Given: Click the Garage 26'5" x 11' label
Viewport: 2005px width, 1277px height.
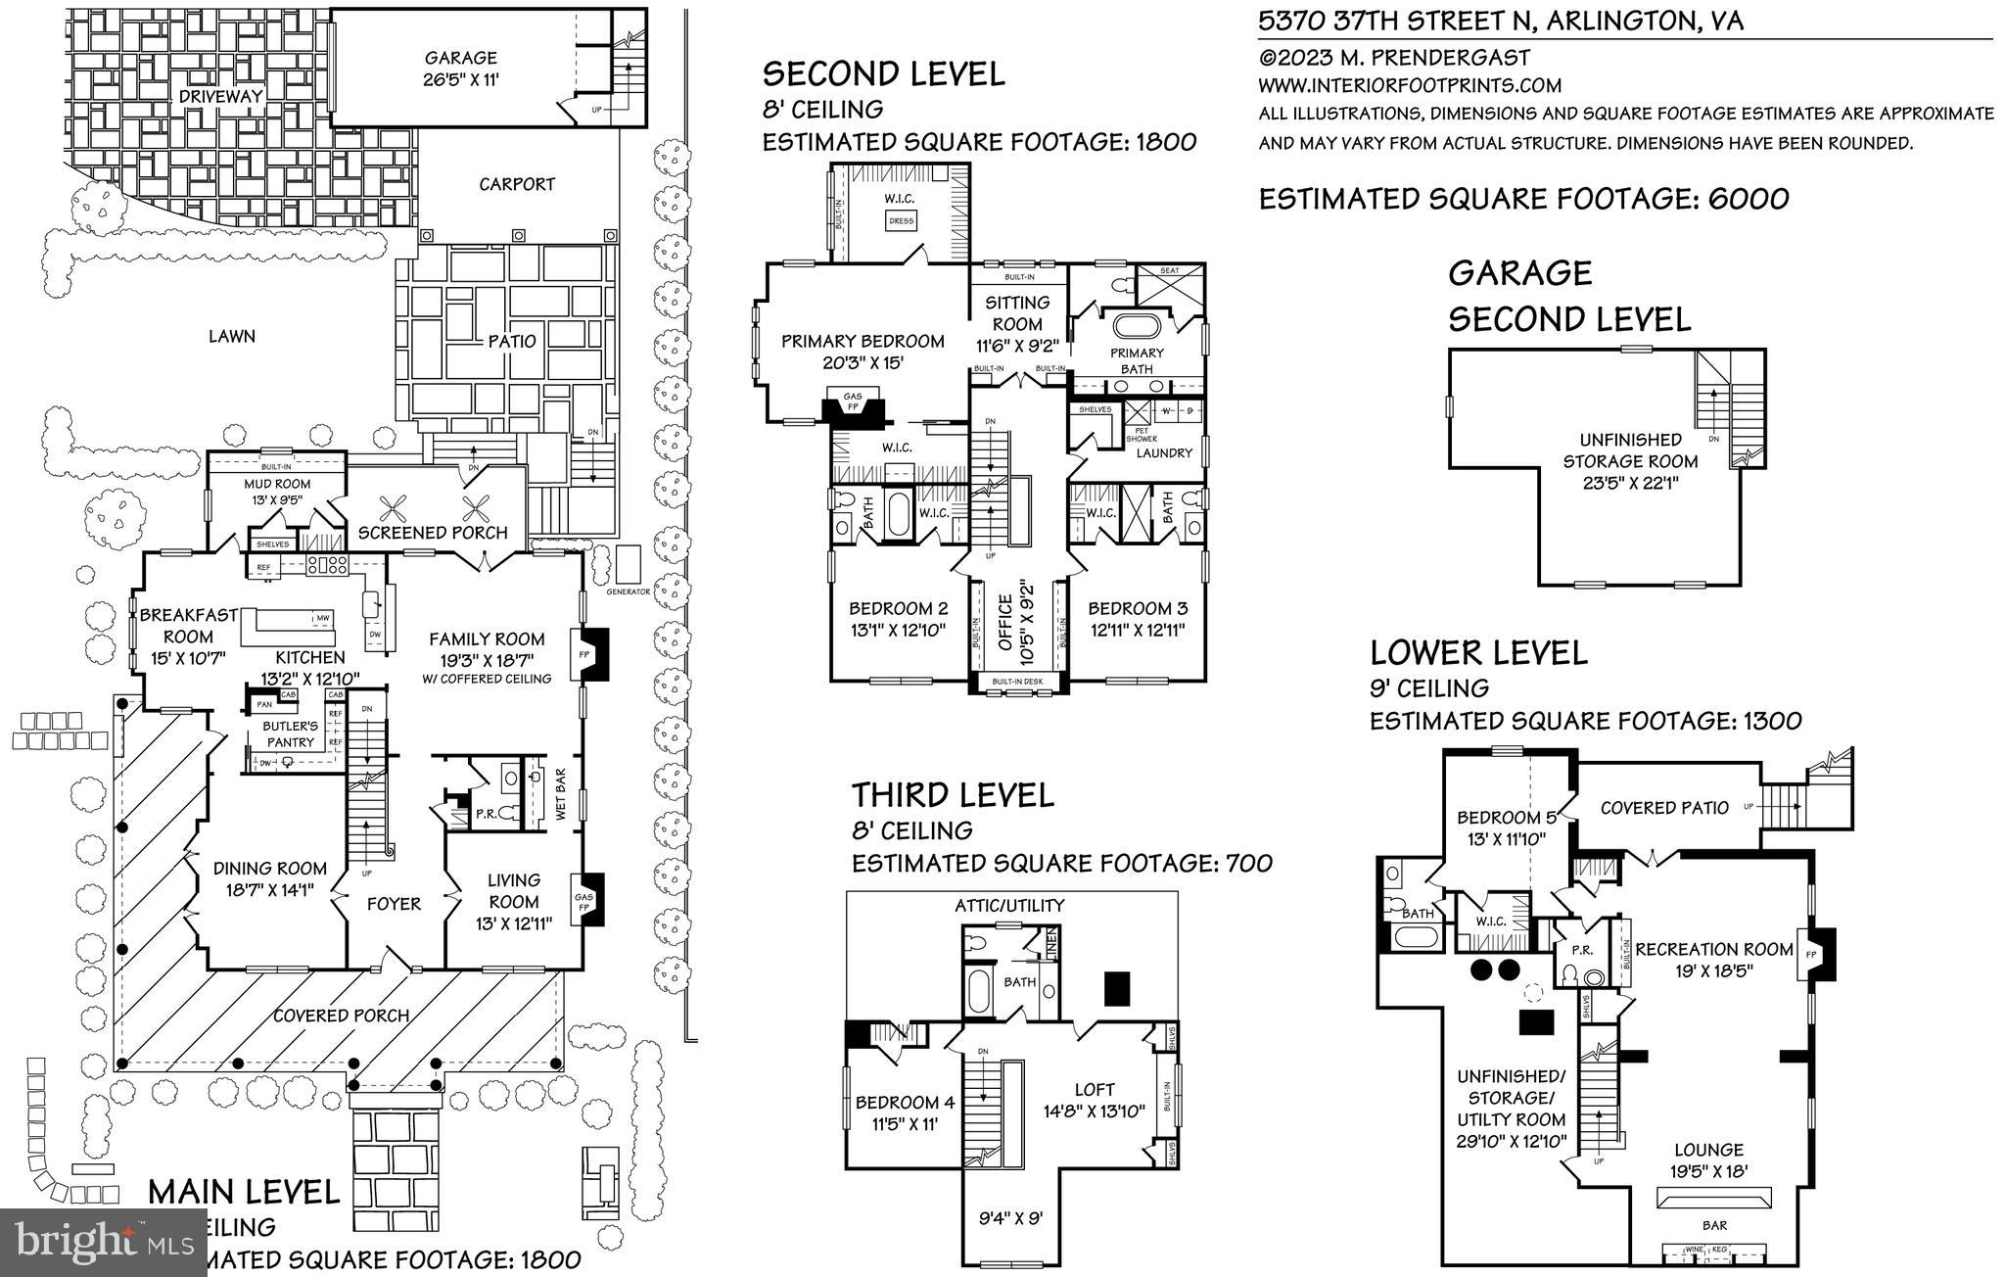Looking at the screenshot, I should click(x=460, y=69).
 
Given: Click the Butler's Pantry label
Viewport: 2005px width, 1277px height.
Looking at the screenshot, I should click(x=291, y=733).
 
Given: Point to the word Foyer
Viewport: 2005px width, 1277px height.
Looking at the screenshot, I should click(x=394, y=904).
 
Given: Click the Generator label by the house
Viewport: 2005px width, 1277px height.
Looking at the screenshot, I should click(x=628, y=592).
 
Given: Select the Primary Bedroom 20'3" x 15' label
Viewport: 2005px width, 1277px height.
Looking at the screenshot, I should click(x=862, y=351).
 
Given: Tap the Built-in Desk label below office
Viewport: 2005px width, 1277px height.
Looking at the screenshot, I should click(x=1018, y=682).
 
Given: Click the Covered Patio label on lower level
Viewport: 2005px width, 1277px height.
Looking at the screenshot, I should click(x=1664, y=808).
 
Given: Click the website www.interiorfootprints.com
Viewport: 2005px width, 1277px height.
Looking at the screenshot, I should click(x=1410, y=86).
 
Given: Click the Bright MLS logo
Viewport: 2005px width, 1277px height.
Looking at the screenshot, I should click(x=103, y=1242).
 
